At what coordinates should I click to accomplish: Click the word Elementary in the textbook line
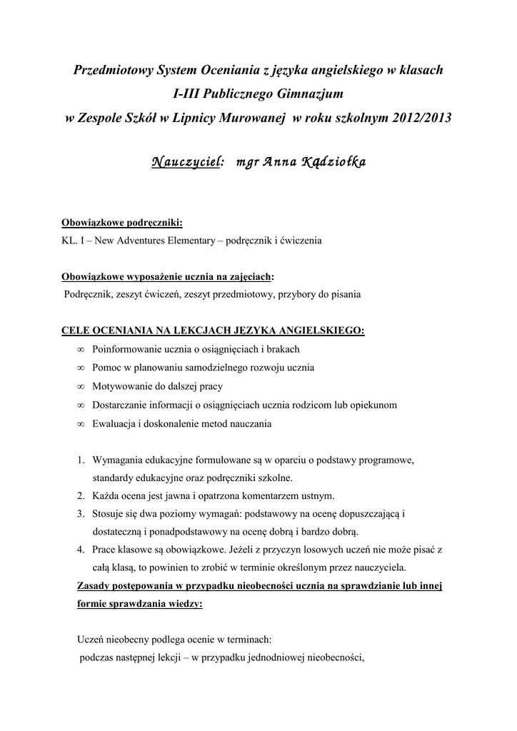tap(191, 241)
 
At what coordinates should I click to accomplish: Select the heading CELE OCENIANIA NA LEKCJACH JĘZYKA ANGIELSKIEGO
tap(214, 331)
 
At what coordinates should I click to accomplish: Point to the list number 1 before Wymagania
tap(81, 459)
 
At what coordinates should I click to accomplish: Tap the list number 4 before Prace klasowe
tap(81, 550)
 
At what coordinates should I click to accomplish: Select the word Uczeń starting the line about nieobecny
tap(90, 640)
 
